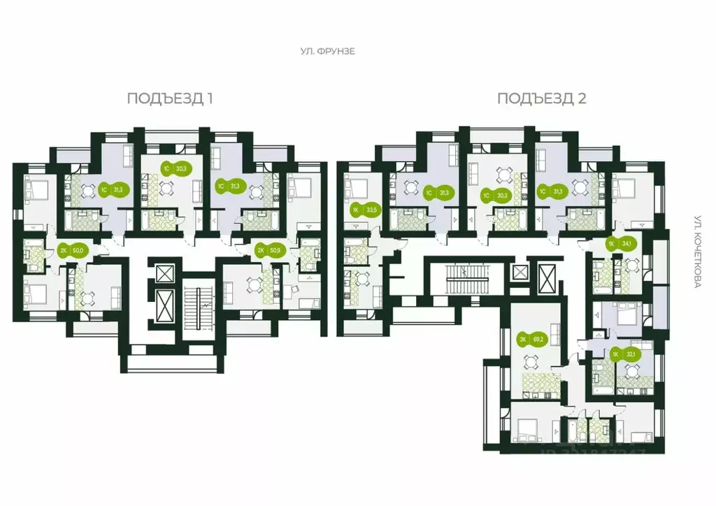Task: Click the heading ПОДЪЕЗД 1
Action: click(170, 98)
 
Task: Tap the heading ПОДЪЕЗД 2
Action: click(541, 98)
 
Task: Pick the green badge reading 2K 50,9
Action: click(266, 250)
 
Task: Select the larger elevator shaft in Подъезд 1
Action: click(164, 305)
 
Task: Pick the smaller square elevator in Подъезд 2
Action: click(520, 273)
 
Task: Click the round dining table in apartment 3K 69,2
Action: click(531, 362)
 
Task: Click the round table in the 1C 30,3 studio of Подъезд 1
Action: click(166, 187)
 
